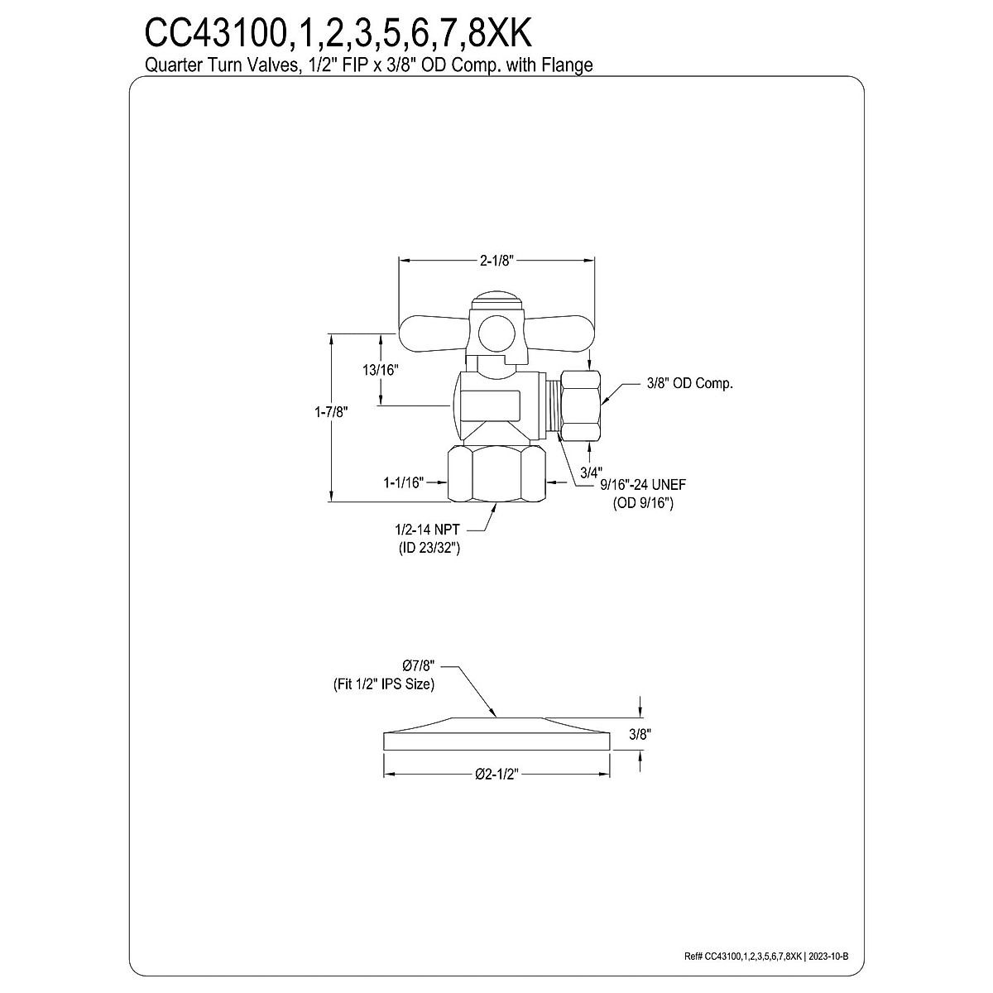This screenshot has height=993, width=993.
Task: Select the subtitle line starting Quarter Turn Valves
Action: (369, 65)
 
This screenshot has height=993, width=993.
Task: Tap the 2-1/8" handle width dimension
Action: (497, 260)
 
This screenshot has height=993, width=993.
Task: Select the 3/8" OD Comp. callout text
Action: (689, 383)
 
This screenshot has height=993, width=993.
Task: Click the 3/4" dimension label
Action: (589, 472)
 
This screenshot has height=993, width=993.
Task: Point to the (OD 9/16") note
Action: (643, 503)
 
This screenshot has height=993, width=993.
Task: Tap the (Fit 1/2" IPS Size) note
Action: (378, 684)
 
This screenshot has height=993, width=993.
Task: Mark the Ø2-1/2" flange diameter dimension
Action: (497, 774)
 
